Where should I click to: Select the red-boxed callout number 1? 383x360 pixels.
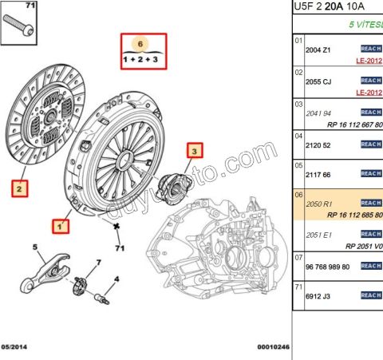click(59, 226)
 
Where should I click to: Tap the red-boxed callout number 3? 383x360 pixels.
click(196, 149)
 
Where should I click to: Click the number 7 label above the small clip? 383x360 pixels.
click(98, 263)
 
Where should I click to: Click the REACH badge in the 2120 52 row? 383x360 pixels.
click(371, 144)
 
